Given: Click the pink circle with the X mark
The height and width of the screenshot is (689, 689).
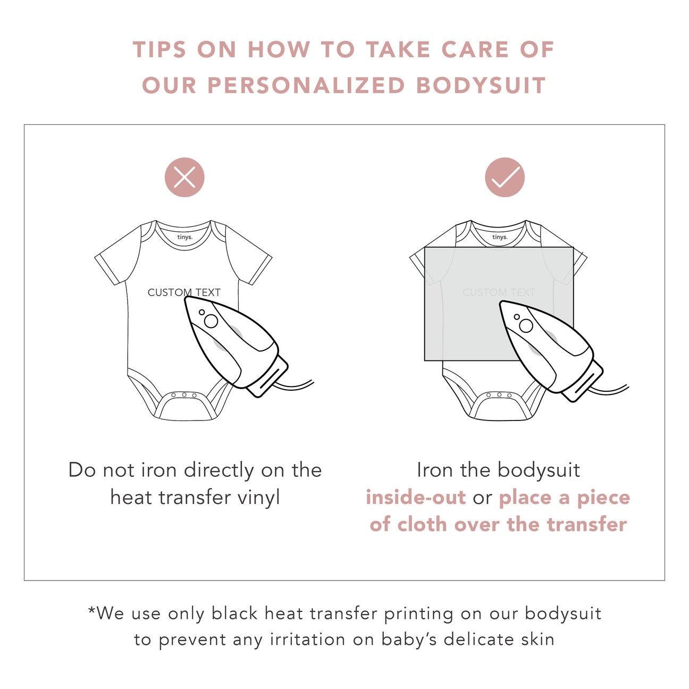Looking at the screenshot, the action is point(184,177).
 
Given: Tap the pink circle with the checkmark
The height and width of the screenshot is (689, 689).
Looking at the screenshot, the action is point(505,177).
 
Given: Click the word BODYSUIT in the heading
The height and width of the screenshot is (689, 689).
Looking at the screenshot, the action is point(481,85).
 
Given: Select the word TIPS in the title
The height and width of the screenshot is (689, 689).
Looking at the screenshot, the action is point(159,49).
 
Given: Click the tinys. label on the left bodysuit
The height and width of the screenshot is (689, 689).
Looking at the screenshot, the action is point(185,237).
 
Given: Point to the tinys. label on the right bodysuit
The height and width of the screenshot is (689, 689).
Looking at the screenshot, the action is point(500,237).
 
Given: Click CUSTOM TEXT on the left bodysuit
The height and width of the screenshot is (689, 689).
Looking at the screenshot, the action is point(184,292).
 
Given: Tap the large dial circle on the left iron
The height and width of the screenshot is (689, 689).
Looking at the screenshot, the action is point(211,321).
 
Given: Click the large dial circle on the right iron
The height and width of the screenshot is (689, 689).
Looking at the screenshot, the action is point(526,325).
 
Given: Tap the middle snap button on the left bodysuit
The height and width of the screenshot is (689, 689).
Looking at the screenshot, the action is point(184,394).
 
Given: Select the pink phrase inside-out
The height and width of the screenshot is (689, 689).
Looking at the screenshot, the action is point(416,497).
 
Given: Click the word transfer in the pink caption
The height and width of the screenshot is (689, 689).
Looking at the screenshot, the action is point(587,525).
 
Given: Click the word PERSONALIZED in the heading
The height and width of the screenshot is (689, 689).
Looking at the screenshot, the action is point(306,85).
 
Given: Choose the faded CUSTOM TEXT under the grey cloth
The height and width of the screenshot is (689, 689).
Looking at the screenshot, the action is point(499,292).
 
